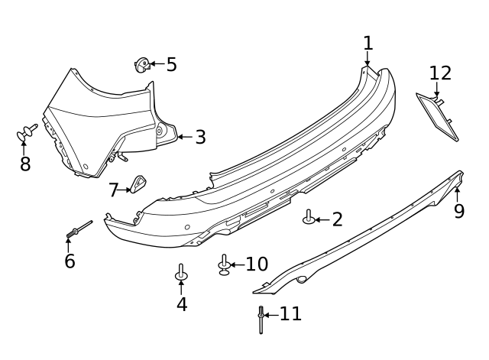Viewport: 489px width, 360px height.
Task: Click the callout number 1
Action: coord(368,43)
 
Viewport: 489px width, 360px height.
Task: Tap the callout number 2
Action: coord(336,220)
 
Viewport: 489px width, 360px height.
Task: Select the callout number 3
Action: coord(200,138)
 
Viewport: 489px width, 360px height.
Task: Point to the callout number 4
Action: coord(181,304)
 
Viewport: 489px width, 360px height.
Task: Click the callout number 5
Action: coord(171,65)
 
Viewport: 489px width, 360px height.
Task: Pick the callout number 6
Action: coord(70,261)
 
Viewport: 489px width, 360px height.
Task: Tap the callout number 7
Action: coord(114,189)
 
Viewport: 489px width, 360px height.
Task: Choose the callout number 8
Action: coord(25,164)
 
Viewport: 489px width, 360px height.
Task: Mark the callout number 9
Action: coord(458,211)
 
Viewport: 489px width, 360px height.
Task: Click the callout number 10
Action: coord(256,264)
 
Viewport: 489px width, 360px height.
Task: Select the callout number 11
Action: coord(290,313)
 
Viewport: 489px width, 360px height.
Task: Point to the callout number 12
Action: coord(440,73)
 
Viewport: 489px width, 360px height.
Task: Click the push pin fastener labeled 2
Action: coord(309,218)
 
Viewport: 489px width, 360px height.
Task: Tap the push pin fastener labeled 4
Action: coord(181,272)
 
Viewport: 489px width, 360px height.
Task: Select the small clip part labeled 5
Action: coord(142,65)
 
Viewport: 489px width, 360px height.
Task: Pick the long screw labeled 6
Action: coord(79,229)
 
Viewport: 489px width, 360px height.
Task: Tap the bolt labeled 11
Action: coord(261,319)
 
